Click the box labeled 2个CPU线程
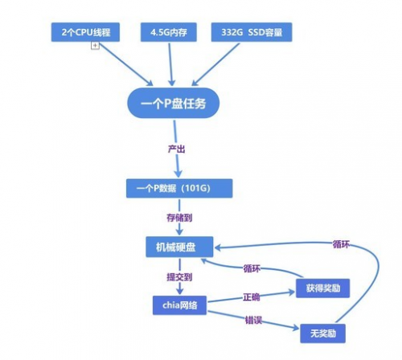pyautogui.click(x=85, y=32)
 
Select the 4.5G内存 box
pyautogui.click(x=169, y=32)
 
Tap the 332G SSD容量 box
pyautogui.click(x=252, y=32)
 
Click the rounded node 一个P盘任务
pyautogui.click(x=174, y=103)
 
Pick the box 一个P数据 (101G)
pyautogui.click(x=179, y=188)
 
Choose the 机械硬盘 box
pyautogui.click(x=179, y=247)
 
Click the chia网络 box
pyautogui.click(x=179, y=305)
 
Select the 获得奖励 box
pyautogui.click(x=322, y=288)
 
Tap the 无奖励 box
pyautogui.click(x=322, y=333)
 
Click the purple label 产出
pyautogui.click(x=176, y=149)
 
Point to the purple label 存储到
pyautogui.click(x=179, y=218)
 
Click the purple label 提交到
pyautogui.click(x=179, y=277)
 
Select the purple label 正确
pyautogui.click(x=251, y=297)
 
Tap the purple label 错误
pyautogui.click(x=253, y=320)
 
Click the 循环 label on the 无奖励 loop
pyautogui.click(x=341, y=244)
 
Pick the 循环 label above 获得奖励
pyautogui.click(x=252, y=268)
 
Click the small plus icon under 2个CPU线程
pyautogui.click(x=95, y=45)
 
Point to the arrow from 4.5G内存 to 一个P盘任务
pyautogui.click(x=170, y=64)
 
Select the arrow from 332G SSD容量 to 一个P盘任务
pyautogui.click(x=215, y=64)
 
